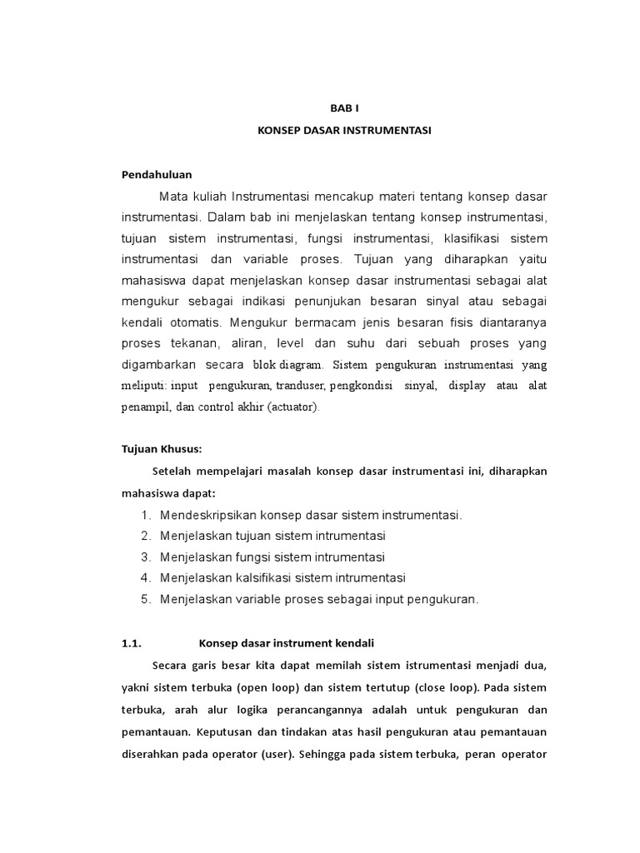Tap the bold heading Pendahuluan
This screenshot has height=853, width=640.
tap(157, 174)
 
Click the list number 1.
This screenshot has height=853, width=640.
tap(146, 515)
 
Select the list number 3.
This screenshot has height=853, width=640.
tap(146, 556)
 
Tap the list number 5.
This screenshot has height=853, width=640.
tap(146, 599)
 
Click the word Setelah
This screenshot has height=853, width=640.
tap(172, 471)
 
